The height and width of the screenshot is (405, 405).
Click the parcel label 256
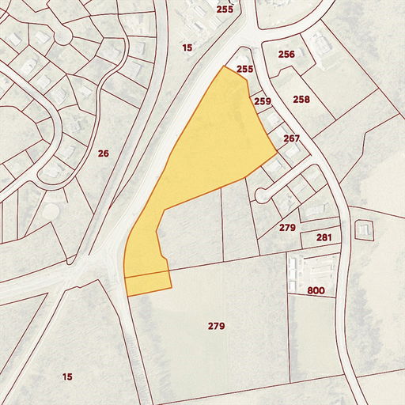click(286, 54)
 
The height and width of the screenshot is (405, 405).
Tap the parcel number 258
click(301, 100)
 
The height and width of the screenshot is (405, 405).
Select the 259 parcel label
click(263, 101)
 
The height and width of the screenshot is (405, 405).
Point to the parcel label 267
click(292, 138)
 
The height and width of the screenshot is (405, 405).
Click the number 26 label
click(103, 153)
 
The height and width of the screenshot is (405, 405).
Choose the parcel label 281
click(324, 237)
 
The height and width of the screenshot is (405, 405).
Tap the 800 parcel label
click(316, 291)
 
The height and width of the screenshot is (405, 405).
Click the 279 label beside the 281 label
click(287, 228)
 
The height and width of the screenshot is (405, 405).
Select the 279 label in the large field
click(217, 326)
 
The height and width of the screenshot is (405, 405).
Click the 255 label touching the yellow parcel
click(244, 70)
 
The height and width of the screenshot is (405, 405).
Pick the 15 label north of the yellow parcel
click(187, 48)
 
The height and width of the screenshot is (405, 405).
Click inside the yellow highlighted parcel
click(214, 142)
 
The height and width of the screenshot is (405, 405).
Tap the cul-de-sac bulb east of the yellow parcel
click(262, 194)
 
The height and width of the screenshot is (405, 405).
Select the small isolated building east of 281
click(364, 230)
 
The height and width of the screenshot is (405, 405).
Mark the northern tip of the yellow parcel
click(225, 68)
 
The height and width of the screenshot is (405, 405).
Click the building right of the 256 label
click(320, 41)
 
